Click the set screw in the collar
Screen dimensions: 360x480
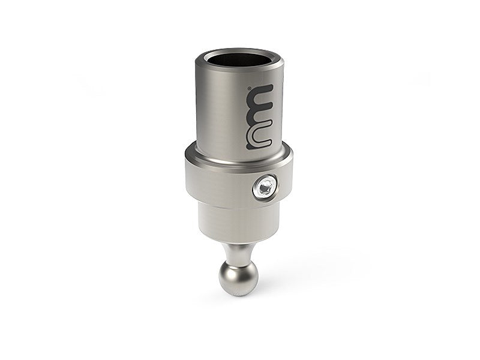(265, 188)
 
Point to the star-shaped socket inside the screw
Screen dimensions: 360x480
(265, 189)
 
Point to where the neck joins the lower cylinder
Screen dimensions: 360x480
(238, 243)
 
